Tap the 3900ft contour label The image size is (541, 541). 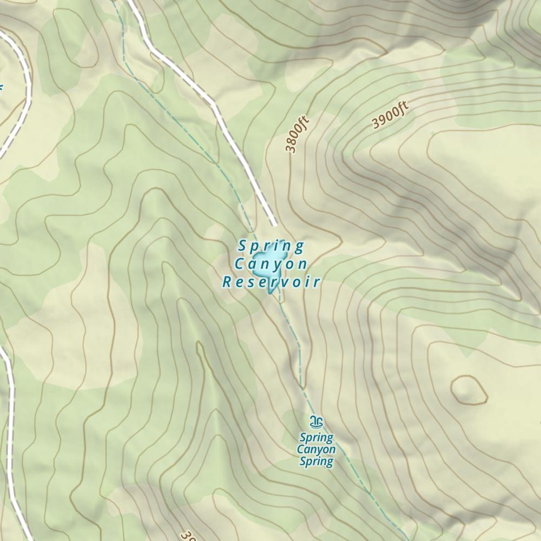(x=390, y=116)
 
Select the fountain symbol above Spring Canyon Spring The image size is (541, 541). (x=315, y=421)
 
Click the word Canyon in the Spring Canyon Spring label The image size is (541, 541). (x=316, y=449)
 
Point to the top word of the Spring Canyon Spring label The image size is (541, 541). (x=315, y=437)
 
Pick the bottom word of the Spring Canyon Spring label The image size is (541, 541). (x=316, y=461)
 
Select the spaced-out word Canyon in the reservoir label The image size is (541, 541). (x=271, y=265)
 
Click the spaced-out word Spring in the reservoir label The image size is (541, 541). (x=271, y=247)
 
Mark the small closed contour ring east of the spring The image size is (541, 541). (x=469, y=390)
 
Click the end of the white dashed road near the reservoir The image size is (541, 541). (x=274, y=223)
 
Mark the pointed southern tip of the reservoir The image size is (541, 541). (x=269, y=293)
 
